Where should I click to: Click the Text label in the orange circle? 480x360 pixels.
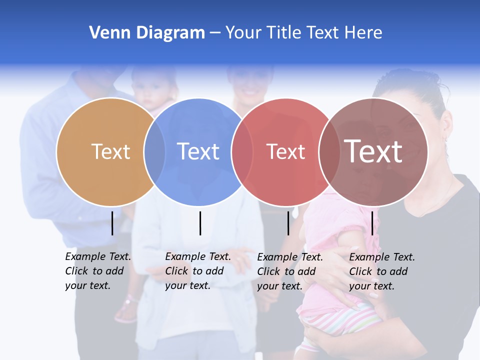coord(110,151)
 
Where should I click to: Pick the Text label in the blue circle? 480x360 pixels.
coord(198,151)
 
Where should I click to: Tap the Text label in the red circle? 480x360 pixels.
coord(285,151)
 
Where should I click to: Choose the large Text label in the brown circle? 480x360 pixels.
coord(373,151)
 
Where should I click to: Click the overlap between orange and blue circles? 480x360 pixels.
coord(154,152)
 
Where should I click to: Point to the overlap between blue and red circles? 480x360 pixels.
coord(242,152)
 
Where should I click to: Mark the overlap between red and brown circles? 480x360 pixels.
coord(329,152)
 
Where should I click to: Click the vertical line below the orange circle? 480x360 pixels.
coord(112,223)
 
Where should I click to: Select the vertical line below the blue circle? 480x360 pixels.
coord(200,223)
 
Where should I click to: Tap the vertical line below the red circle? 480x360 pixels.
coord(288,223)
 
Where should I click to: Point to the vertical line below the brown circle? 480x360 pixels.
coord(372,223)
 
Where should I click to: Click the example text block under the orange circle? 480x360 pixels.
coord(97,271)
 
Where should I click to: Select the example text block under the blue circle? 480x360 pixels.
coord(197,271)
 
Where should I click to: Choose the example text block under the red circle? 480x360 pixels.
coord(289,271)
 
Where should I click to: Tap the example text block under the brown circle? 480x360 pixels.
coord(381,271)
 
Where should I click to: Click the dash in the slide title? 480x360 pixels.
coord(215,33)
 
